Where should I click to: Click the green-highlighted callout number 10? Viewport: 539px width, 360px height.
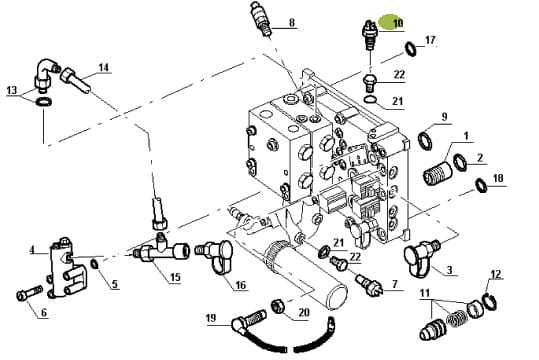[x=397, y=23]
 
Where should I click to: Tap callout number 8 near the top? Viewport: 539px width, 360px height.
[x=292, y=23]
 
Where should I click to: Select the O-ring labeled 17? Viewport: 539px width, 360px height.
[x=410, y=48]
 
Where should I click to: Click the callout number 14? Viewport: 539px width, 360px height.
[x=103, y=67]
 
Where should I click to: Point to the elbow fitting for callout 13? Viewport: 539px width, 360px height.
[x=45, y=75]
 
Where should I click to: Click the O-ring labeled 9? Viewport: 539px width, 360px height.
[x=425, y=140]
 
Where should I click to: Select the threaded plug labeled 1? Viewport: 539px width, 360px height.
[x=437, y=173]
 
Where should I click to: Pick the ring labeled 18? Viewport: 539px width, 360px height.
[x=481, y=185]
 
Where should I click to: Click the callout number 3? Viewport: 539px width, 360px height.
[x=450, y=270]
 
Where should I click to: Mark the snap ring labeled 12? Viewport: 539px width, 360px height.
[x=490, y=302]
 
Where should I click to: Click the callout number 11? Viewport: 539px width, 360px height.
[x=425, y=293]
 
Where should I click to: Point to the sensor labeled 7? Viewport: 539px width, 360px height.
[x=371, y=284]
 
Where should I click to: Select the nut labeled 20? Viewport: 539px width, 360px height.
[x=278, y=306]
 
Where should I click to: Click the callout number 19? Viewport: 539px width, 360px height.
[x=211, y=318]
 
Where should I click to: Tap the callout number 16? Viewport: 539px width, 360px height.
[x=241, y=285]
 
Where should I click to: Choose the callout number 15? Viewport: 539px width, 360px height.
[x=175, y=277]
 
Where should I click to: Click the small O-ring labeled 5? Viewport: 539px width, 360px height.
[x=95, y=264]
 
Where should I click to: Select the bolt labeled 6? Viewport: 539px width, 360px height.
[x=29, y=293]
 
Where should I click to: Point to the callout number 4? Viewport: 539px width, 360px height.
[x=32, y=250]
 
